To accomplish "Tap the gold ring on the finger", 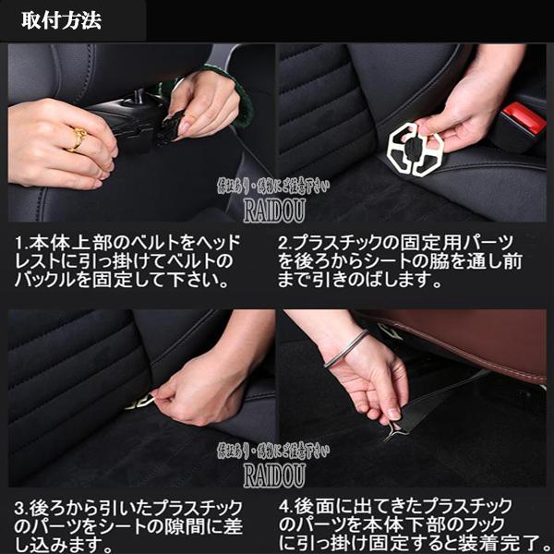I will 78,138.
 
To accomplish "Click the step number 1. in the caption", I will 23,243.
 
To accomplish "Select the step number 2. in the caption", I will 287,243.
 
